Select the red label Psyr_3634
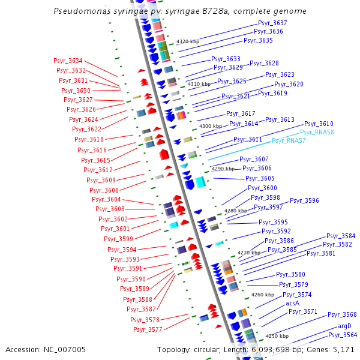tap(67, 61)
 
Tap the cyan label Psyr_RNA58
tap(317, 132)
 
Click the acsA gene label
tap(293, 303)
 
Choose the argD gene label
tap(344, 326)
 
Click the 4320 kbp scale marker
tap(188, 41)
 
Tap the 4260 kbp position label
tap(263, 295)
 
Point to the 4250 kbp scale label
tap(277, 336)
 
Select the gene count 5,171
tap(343, 349)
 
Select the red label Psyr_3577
tap(148, 329)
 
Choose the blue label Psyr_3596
tap(305, 200)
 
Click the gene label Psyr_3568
tap(342, 314)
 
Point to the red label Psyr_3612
tap(98, 170)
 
